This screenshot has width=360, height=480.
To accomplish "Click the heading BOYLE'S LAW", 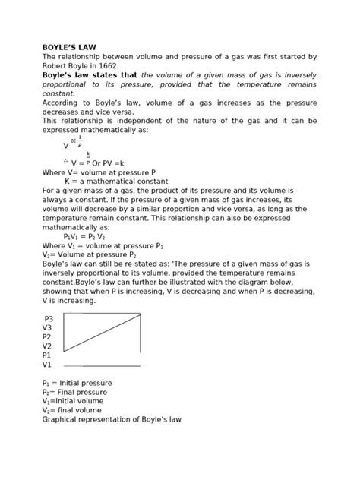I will (x=69, y=47).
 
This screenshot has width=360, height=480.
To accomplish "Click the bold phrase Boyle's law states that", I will (x=90, y=75).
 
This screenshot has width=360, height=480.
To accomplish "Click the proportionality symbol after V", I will (x=73, y=141).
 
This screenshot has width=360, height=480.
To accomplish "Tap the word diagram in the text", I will (x=238, y=292).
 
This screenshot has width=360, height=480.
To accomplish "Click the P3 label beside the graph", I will (x=49, y=319).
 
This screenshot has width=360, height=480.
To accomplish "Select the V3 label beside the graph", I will (x=47, y=328).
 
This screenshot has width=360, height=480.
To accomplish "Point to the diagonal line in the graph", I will (x=102, y=333).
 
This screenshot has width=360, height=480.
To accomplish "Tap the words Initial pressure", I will (x=84, y=383).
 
